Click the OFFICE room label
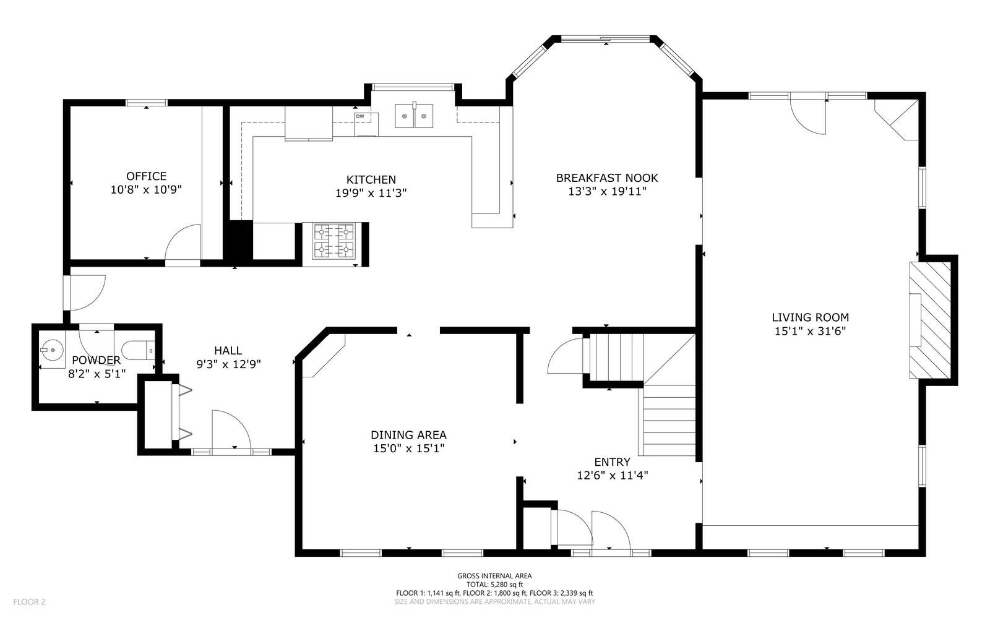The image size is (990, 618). coord(146,176)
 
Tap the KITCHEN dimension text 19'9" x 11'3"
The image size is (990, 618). coord(371,193)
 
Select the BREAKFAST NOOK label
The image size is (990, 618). coord(607,178)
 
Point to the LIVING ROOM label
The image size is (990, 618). coord(810,317)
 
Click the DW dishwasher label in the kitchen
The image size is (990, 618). coord(360,116)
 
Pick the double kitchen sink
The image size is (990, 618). coord(414,116)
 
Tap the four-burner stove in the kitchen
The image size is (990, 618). coord(334,241)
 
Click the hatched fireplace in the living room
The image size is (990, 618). coord(930,320)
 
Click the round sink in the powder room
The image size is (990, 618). coord(52,350)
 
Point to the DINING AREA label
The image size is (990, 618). coord(408,435)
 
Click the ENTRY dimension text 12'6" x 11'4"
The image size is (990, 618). coord(613,475)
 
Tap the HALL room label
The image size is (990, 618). coord(228,351)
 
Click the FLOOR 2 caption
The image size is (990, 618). coord(29,602)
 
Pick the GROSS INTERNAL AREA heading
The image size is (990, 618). coord(494,576)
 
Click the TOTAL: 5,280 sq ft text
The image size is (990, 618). coord(494,585)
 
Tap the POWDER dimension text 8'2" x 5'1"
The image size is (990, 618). coord(97,374)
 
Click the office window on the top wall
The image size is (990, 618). coord(147,103)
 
